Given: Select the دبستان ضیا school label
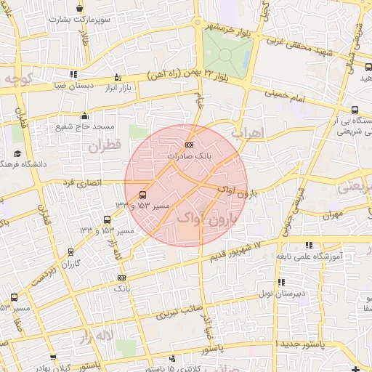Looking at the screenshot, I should (73, 84).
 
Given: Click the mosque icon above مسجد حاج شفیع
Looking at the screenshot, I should (85, 116).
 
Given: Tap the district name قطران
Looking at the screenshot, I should (103, 145).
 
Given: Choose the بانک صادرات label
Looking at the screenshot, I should (190, 155).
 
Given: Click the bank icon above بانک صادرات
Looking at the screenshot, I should (190, 145).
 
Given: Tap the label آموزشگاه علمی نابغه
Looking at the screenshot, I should (310, 256).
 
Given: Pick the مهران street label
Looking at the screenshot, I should (334, 215).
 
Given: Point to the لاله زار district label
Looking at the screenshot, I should (97, 336).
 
